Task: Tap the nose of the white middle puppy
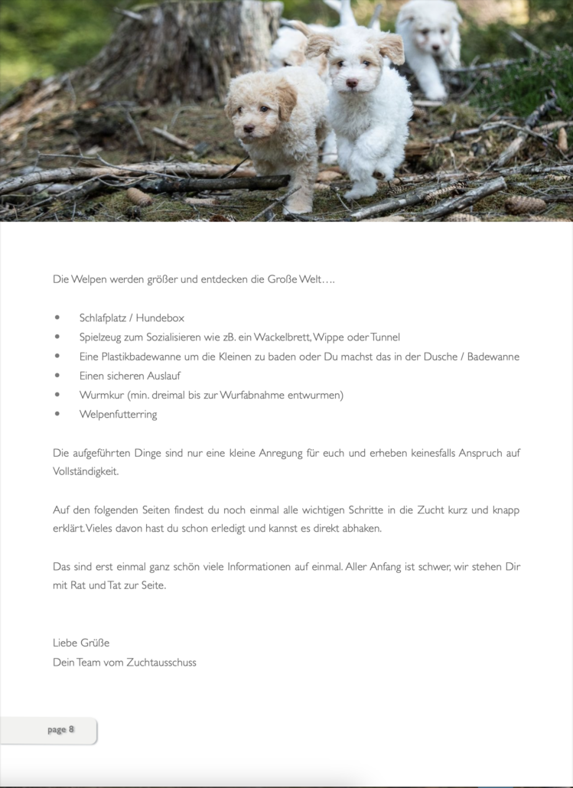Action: tap(351, 82)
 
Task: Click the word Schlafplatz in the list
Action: tap(103, 317)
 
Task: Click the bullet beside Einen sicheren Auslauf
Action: tap(57, 376)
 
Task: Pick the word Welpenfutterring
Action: tap(118, 414)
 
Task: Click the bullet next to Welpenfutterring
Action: tap(57, 414)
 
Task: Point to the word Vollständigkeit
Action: tap(86, 471)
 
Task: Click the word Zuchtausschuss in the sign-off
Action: tap(161, 662)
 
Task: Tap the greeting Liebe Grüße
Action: tap(81, 643)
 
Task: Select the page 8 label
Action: tap(60, 729)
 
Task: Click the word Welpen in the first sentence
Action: tap(90, 279)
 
